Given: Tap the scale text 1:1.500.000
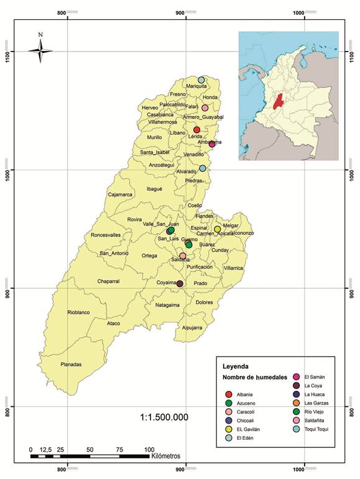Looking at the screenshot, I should click(x=164, y=417).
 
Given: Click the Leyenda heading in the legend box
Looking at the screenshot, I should click(x=239, y=367).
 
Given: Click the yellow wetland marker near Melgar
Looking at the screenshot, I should click(x=218, y=229).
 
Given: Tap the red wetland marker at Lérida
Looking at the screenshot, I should click(x=196, y=130).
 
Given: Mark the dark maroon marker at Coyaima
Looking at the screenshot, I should click(x=180, y=284).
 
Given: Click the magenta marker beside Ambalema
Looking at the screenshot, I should click(x=212, y=144).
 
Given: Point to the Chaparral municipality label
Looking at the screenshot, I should click(x=108, y=281).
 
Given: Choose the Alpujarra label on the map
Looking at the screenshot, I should click(x=193, y=327).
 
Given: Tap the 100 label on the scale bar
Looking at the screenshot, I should click(x=149, y=449).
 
